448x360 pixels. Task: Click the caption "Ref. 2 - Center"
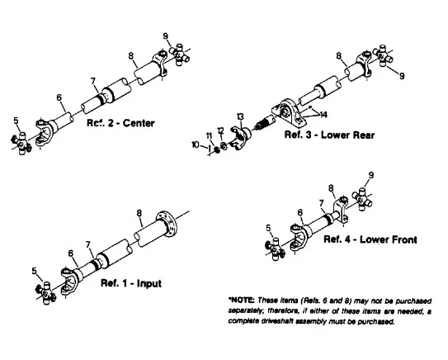120,123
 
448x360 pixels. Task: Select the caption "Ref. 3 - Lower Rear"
329,135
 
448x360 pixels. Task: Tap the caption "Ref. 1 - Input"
131,283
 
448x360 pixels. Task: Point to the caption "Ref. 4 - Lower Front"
370,239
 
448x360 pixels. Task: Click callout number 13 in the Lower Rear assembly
240,117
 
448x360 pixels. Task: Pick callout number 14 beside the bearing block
323,115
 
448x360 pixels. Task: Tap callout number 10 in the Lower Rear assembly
196,144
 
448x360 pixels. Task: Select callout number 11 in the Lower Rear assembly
209,135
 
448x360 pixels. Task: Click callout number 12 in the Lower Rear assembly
220,130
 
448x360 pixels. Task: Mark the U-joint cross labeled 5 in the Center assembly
21,143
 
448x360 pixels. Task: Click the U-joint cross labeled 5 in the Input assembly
45,293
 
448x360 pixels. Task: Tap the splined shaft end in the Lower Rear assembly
263,123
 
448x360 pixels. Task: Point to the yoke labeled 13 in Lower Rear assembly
240,137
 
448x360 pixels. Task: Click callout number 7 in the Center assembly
93,82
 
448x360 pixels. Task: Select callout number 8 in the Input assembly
139,213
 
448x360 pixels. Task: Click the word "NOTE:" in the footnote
242,301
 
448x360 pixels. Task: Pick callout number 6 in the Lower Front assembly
299,212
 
